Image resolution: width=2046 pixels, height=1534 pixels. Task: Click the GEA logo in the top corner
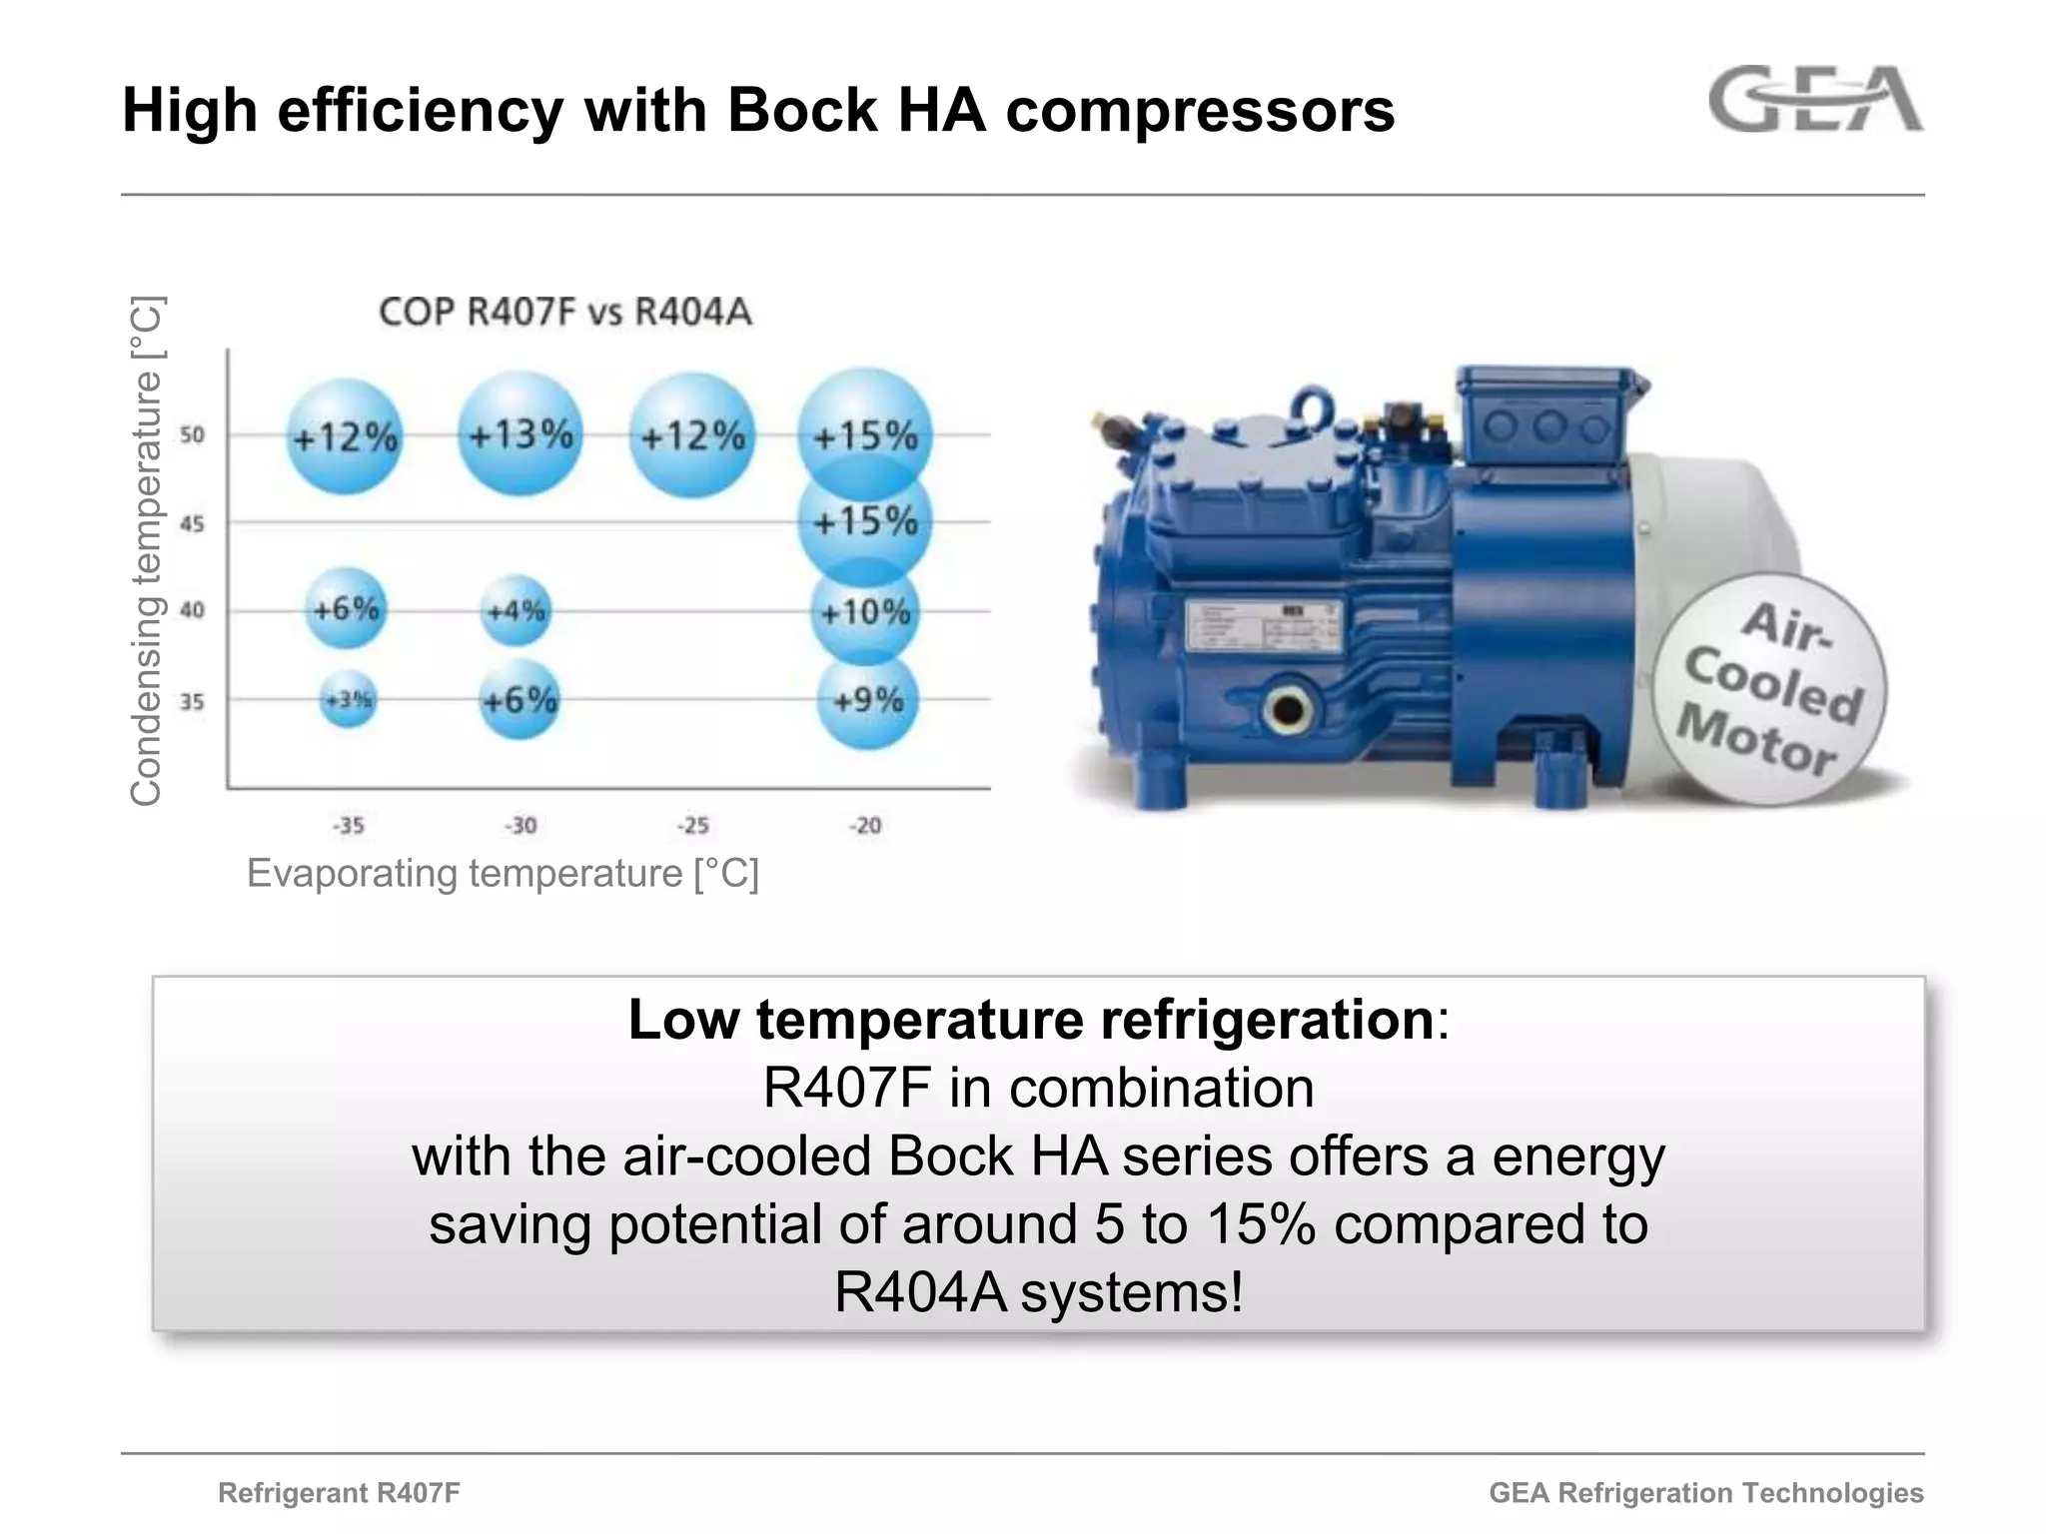pyautogui.click(x=1815, y=99)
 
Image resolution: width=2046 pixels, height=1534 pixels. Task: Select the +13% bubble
pyautogui.click(x=520, y=434)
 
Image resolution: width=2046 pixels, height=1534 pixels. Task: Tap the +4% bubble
pyautogui.click(x=515, y=610)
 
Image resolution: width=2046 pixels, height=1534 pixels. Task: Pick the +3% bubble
pyautogui.click(x=349, y=700)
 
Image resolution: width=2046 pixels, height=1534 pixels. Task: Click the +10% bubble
pyautogui.click(x=865, y=611)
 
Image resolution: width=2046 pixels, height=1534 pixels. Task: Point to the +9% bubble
pyautogui.click(x=867, y=700)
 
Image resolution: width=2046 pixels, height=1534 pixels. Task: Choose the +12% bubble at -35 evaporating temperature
pyautogui.click(x=345, y=436)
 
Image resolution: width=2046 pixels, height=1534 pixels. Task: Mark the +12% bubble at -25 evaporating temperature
pyautogui.click(x=692, y=436)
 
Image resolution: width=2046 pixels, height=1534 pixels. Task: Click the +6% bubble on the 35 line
pyautogui.click(x=518, y=700)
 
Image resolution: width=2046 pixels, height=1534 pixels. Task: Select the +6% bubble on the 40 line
pyautogui.click(x=346, y=608)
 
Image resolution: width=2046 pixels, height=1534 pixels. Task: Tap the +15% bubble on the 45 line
pyautogui.click(x=865, y=521)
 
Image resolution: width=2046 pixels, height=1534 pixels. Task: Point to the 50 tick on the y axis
pyautogui.click(x=192, y=435)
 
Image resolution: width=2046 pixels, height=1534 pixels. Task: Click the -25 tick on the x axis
pyautogui.click(x=693, y=826)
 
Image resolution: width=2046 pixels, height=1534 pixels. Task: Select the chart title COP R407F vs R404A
pyautogui.click(x=565, y=312)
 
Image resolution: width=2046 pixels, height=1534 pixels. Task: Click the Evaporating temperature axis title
pyautogui.click(x=503, y=873)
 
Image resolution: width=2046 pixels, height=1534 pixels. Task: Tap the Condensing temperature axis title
pyautogui.click(x=146, y=550)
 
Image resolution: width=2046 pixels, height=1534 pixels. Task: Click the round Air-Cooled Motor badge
pyautogui.click(x=1769, y=689)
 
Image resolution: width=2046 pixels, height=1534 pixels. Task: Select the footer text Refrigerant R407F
pyautogui.click(x=339, y=1492)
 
